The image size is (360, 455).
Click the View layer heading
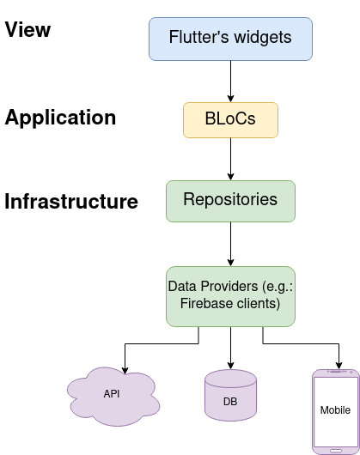click(28, 30)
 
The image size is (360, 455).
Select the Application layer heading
click(60, 118)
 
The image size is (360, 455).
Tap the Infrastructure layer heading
click(71, 202)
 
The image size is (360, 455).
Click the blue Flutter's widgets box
click(230, 39)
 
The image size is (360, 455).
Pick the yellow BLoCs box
click(230, 121)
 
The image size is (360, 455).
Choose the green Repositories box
click(230, 200)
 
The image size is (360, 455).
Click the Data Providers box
click(230, 294)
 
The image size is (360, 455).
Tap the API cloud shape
click(112, 395)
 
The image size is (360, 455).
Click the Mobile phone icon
click(335, 410)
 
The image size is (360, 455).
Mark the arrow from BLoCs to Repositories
click(230, 159)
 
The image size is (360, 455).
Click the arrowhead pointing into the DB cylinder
click(230, 364)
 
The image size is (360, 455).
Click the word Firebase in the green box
click(206, 303)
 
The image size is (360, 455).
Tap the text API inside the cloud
click(112, 394)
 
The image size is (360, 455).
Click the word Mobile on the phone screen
click(335, 409)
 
